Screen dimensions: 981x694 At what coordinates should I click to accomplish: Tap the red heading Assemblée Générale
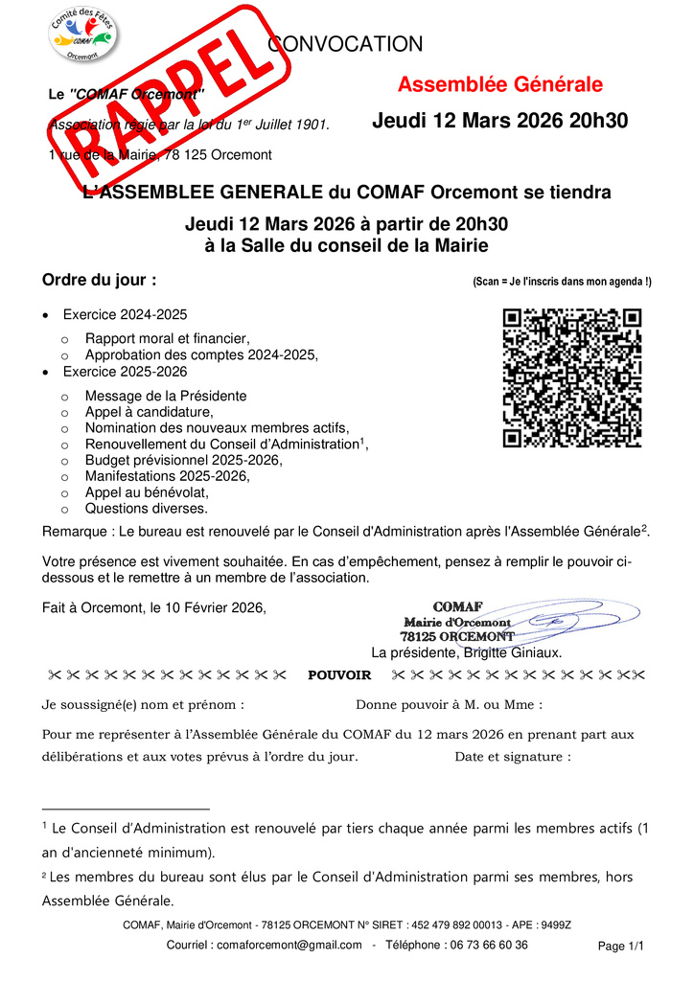click(x=499, y=85)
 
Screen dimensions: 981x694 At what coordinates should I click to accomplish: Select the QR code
click(x=571, y=377)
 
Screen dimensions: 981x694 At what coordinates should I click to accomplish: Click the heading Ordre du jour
click(x=100, y=281)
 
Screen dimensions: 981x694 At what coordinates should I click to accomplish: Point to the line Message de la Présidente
click(x=165, y=396)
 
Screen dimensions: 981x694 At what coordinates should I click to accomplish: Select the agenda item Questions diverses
click(x=146, y=509)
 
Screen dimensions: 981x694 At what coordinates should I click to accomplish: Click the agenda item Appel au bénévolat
click(x=147, y=492)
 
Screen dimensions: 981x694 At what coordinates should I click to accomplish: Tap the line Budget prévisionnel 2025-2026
click(x=183, y=460)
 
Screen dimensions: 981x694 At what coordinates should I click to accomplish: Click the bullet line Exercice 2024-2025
click(x=125, y=314)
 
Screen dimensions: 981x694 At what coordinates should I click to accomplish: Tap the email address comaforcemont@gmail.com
click(x=289, y=945)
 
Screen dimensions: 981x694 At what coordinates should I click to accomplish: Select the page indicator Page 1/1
click(x=621, y=947)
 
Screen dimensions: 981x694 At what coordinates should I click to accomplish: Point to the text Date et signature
click(x=513, y=757)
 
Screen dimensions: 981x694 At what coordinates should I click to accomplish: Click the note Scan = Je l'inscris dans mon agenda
click(x=562, y=282)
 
